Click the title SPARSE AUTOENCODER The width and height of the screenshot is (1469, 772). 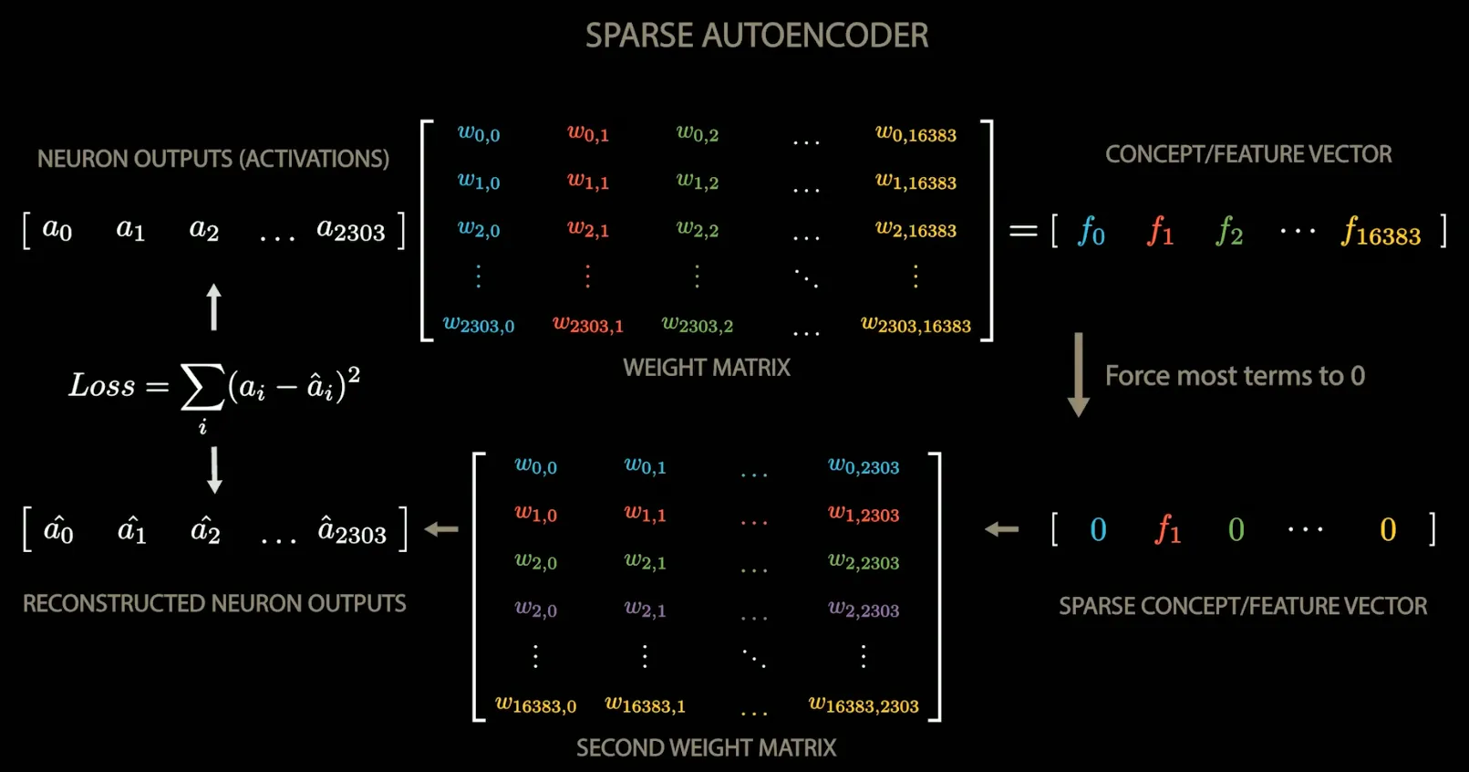coord(756,36)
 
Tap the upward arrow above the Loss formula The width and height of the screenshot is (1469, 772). coord(214,307)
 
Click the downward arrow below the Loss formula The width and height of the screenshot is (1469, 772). coord(214,470)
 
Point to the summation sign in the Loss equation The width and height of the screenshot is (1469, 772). coord(202,387)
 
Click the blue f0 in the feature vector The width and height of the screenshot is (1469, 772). coord(1091,231)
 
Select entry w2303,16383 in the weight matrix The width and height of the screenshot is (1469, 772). coord(916,325)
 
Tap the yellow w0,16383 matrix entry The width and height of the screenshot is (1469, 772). coord(916,134)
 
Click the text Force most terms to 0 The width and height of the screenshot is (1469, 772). coord(1235,376)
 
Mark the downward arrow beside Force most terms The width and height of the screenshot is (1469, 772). coord(1079,375)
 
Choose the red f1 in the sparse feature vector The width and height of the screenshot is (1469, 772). coord(1168,529)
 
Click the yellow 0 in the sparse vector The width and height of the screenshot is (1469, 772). coord(1387,529)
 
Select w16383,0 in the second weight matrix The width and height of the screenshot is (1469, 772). coord(535,704)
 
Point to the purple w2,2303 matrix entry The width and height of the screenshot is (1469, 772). coord(864,610)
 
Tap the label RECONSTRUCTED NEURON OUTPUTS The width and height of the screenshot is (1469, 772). coord(214,604)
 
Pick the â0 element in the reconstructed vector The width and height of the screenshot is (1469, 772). coord(58,530)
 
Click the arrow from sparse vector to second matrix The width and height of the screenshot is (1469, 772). coord(1002,529)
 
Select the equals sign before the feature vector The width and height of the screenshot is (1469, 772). coord(1023,231)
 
